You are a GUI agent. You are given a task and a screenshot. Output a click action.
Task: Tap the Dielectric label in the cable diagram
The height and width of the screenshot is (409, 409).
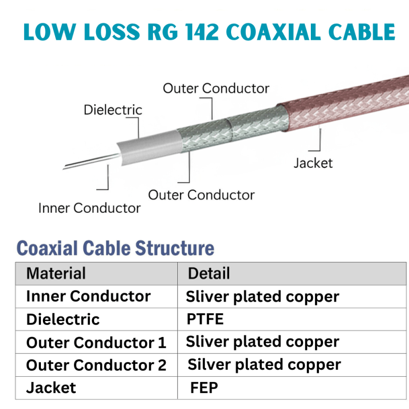tap(113, 110)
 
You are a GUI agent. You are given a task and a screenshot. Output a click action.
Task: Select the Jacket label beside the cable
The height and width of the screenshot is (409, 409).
tap(313, 163)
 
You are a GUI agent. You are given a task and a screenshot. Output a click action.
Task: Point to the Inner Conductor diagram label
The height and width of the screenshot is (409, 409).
tap(89, 208)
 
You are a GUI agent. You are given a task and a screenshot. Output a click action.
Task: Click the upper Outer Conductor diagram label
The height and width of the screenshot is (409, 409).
tap(216, 88)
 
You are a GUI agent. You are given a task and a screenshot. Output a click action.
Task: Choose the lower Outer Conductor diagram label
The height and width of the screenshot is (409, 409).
tap(201, 195)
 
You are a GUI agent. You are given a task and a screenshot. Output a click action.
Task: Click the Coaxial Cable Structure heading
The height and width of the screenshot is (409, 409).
tap(115, 249)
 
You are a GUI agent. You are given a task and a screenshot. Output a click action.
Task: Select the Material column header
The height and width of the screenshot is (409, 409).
tap(56, 273)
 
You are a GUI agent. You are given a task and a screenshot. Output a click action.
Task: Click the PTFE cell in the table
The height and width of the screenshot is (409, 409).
tap(205, 320)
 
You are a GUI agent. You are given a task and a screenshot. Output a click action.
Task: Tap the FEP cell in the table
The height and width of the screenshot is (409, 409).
tap(204, 388)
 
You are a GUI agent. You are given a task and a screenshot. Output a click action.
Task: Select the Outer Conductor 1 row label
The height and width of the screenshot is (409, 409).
tap(96, 343)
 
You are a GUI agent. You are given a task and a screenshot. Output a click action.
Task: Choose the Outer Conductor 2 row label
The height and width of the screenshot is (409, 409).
tap(96, 366)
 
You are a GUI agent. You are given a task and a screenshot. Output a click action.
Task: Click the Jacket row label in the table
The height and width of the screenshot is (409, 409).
tap(51, 388)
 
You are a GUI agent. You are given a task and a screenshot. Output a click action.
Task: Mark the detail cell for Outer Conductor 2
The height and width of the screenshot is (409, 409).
tap(264, 365)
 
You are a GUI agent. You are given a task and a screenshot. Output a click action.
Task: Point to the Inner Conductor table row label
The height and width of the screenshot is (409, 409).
tap(88, 297)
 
